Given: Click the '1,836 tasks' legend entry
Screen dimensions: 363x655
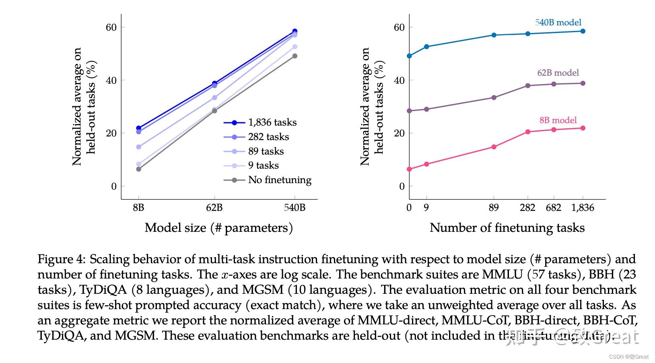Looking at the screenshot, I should click(272, 122).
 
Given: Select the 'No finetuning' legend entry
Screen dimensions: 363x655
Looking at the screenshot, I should click(280, 180).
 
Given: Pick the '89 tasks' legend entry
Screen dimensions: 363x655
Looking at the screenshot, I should click(266, 151).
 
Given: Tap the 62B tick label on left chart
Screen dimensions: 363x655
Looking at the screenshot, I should click(214, 208).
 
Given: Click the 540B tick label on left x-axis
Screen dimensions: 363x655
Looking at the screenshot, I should click(295, 208).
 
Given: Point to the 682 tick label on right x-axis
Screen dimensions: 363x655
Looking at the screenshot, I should click(553, 208).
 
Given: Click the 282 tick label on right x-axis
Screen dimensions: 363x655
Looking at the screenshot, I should click(527, 208).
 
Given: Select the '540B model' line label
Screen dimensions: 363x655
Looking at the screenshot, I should click(558, 23).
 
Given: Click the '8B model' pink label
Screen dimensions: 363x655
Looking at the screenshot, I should click(558, 120).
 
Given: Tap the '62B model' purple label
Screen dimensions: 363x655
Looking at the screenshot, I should click(558, 73).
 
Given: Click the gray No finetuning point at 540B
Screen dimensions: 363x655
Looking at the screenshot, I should click(295, 56).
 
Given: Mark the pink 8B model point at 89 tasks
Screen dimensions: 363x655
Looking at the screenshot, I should click(494, 147).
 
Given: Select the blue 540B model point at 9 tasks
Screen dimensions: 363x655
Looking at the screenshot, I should click(426, 47).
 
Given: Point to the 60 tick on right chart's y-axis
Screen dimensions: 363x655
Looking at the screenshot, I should click(399, 27).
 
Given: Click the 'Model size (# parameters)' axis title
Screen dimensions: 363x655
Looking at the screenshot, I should click(218, 228).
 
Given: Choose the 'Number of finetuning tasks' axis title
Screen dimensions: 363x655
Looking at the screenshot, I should click(507, 228).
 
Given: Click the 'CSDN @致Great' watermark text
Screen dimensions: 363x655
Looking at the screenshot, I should click(628, 357).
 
